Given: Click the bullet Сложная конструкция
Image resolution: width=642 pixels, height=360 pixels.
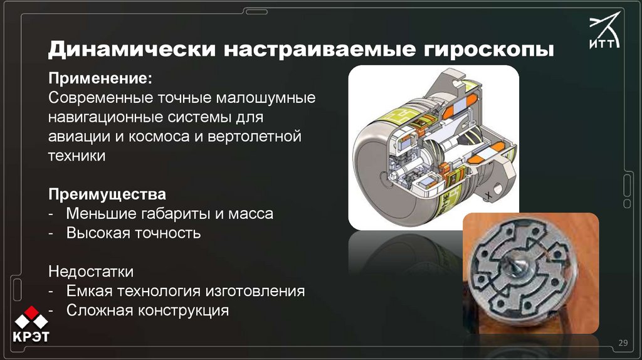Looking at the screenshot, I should (x=147, y=310).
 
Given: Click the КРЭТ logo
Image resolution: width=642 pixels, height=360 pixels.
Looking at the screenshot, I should (x=31, y=324).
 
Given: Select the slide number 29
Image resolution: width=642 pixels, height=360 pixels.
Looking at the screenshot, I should (x=623, y=342).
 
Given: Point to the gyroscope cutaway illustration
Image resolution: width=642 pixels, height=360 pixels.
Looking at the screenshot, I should (x=433, y=147).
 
